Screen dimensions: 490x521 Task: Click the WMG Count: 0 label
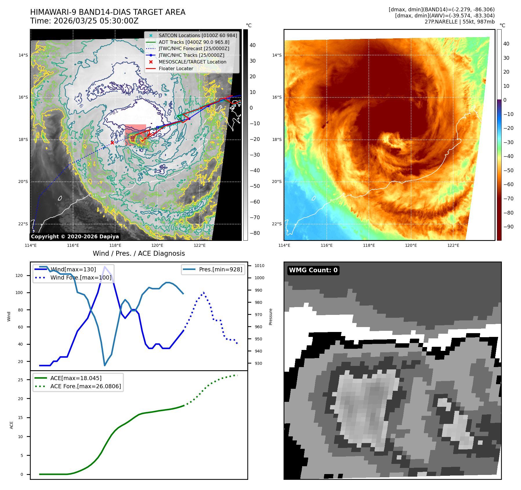(x=313, y=270)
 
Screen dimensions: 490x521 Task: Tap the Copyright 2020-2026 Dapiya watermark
(x=75, y=237)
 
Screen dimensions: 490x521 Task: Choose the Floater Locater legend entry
(x=176, y=68)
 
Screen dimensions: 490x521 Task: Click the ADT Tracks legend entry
(x=194, y=42)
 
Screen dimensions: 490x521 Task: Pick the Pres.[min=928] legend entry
(x=220, y=269)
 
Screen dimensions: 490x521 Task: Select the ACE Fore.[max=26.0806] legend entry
(x=86, y=386)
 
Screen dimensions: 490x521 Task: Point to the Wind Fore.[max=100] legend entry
(x=81, y=277)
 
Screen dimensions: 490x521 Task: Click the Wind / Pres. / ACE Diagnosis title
(x=139, y=253)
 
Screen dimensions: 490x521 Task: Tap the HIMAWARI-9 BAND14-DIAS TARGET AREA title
(x=108, y=12)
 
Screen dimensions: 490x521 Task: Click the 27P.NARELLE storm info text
(x=460, y=22)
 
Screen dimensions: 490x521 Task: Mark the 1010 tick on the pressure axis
(x=259, y=266)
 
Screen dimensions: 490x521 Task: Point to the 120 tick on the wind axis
(x=19, y=275)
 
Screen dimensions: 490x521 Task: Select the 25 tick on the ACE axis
(x=20, y=380)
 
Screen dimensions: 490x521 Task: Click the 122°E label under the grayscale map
(x=199, y=245)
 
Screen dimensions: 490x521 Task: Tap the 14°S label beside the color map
(x=277, y=55)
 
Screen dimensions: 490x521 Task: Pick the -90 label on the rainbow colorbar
(x=508, y=227)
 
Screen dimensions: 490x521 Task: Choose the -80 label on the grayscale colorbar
(x=255, y=233)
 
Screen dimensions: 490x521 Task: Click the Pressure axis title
(x=271, y=317)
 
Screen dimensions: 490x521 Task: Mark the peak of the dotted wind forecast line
(x=204, y=292)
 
